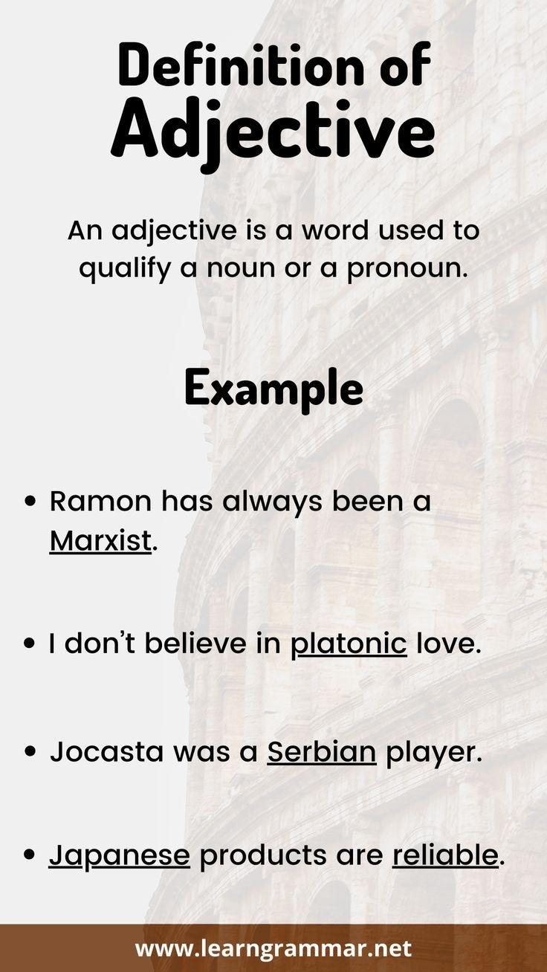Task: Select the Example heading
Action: (x=273, y=388)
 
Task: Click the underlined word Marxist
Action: (x=100, y=541)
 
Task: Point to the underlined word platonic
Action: (x=348, y=644)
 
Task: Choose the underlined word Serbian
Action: (x=322, y=753)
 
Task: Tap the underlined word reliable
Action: (x=444, y=855)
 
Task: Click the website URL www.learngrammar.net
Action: (x=273, y=949)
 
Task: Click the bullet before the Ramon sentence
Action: (x=31, y=502)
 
